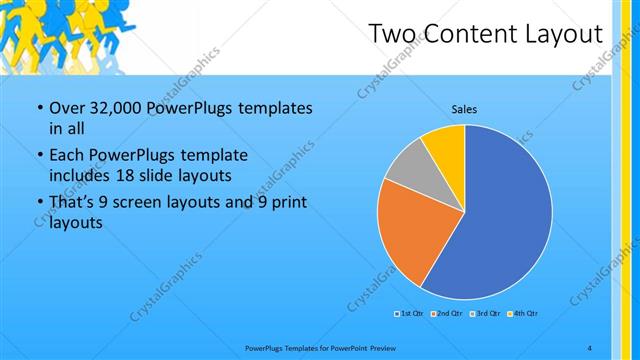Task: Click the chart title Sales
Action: point(464,108)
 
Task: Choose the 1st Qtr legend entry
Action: point(408,314)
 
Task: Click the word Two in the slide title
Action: point(391,34)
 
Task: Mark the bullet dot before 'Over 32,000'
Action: point(38,108)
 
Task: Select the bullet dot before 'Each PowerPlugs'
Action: point(38,156)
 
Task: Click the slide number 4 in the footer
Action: point(590,347)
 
